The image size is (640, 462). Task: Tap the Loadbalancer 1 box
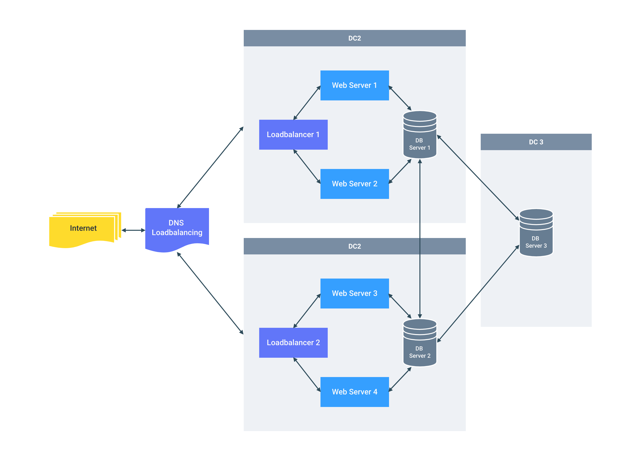[293, 135]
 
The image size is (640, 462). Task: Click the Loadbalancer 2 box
[293, 343]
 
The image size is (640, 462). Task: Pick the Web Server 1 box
[355, 85]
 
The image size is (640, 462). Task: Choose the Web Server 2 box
[355, 184]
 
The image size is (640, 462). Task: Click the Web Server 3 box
[355, 293]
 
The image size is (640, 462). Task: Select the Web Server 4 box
[355, 392]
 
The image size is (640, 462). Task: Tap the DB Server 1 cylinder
[420, 135]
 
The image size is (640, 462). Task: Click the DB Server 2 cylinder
[420, 343]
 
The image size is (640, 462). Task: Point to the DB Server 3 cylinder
[536, 233]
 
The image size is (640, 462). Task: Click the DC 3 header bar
[536, 142]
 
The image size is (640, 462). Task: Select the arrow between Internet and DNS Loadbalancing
[133, 230]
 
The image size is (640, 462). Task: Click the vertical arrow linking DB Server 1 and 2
[420, 239]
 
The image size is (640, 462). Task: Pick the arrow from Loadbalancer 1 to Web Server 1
[307, 103]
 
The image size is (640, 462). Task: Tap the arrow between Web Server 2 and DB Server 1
[400, 172]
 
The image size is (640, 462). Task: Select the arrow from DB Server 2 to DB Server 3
[478, 294]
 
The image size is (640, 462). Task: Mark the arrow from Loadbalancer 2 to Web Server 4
[307, 375]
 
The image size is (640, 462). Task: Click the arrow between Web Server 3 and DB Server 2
[400, 306]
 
